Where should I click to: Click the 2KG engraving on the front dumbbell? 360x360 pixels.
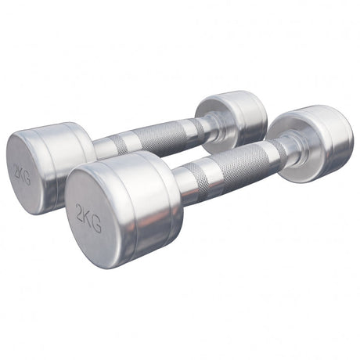pos(88,218)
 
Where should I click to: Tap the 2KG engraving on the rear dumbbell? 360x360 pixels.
pos(22,175)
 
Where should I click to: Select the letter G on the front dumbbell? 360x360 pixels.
pos(97,225)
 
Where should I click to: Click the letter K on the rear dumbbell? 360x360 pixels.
pos(22,175)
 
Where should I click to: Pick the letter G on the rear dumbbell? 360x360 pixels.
pos(27,178)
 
